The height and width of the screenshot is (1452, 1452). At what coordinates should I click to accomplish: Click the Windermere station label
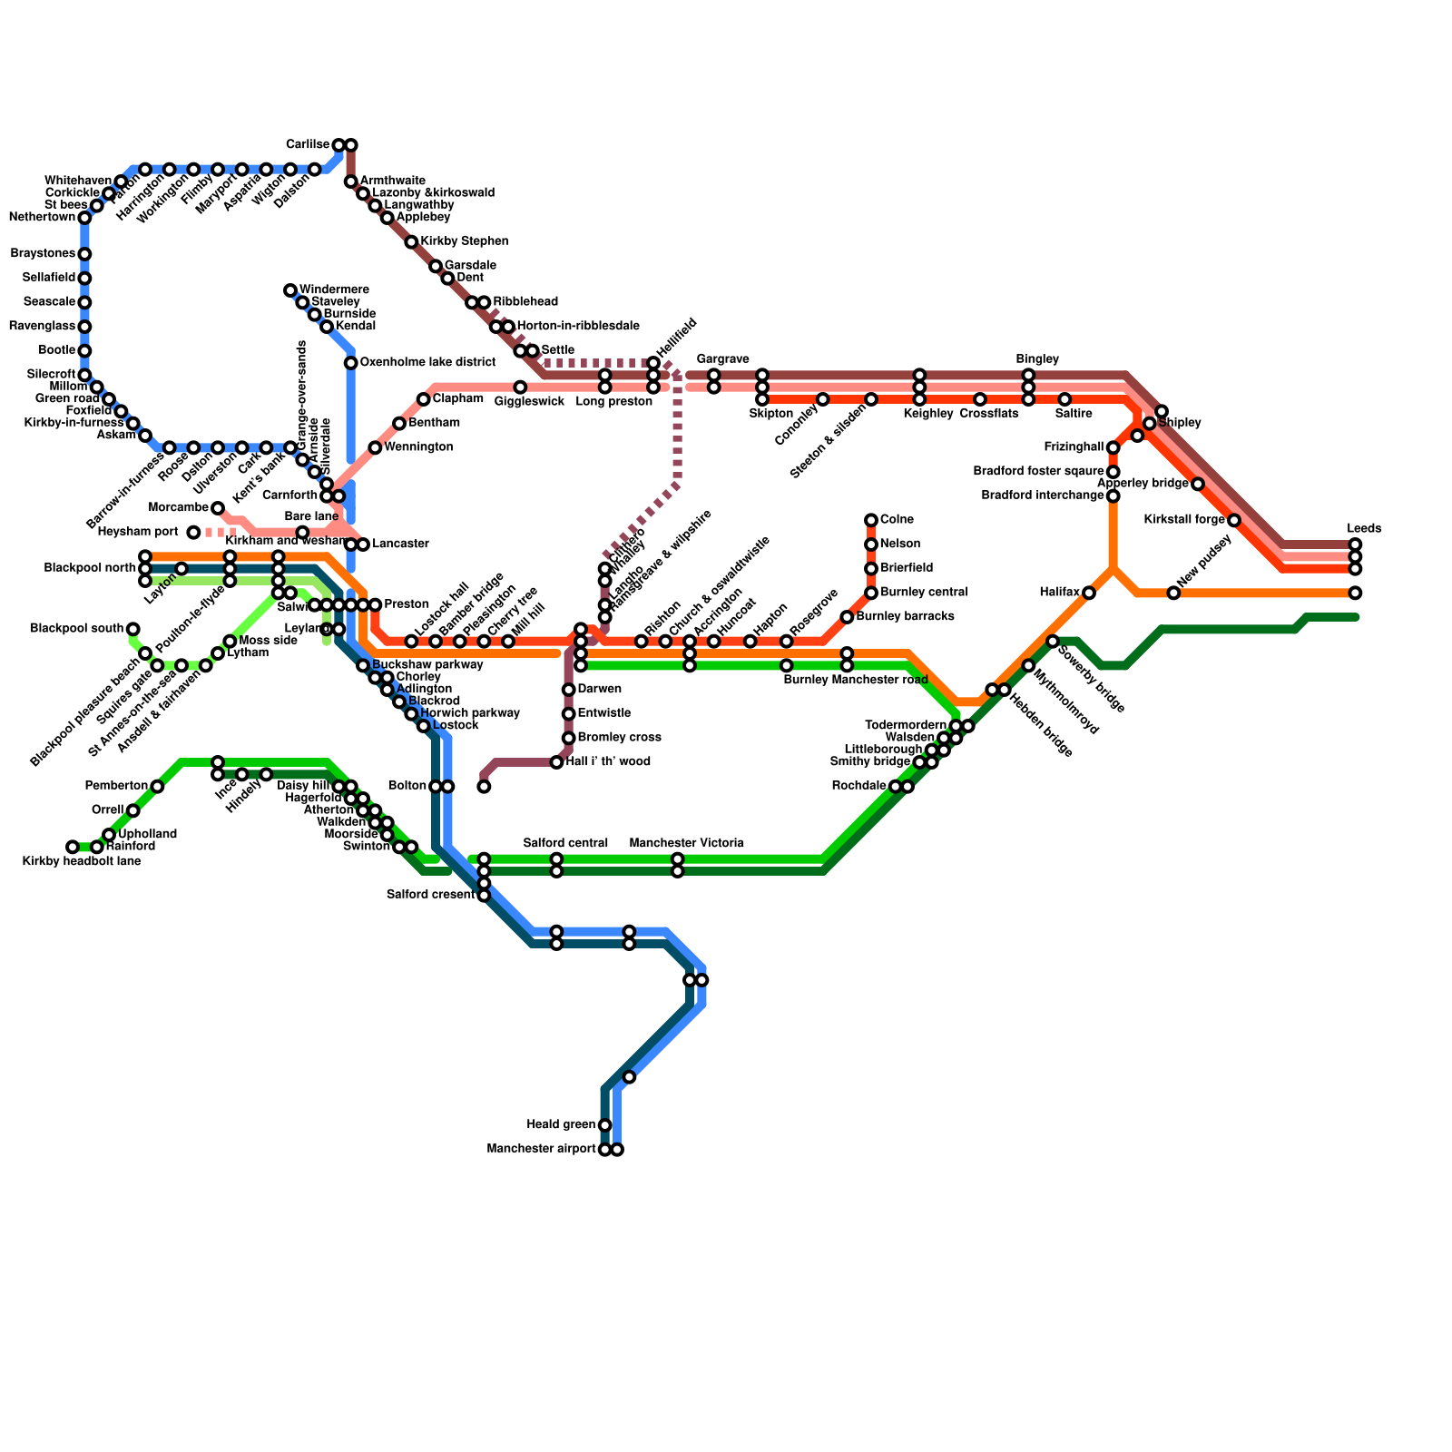point(333,289)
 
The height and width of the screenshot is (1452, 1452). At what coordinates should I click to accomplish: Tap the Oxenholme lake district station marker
point(350,363)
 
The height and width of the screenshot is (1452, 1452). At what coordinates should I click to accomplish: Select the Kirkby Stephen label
point(464,241)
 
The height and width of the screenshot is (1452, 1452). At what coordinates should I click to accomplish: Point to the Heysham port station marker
point(193,532)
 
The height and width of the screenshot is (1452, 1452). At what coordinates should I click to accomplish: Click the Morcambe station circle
point(218,507)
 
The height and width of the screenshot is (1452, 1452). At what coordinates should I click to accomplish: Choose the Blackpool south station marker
point(133,629)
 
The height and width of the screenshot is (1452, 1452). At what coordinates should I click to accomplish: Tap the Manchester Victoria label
point(686,843)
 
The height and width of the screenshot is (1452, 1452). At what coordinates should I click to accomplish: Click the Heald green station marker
point(605,1125)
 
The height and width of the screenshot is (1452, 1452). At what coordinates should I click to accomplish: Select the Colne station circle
point(871,520)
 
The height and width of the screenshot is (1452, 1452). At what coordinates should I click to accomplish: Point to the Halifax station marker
point(1089,594)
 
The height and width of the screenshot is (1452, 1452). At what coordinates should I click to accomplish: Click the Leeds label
point(1364,528)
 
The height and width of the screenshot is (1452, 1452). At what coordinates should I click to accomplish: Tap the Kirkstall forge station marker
point(1234,520)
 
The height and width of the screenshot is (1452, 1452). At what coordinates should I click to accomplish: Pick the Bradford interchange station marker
point(1114,495)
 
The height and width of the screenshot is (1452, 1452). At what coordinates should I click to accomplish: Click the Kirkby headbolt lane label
point(81,860)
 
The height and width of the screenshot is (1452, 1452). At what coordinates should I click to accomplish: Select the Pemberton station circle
point(157,786)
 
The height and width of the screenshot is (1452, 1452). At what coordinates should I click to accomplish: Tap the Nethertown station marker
point(84,218)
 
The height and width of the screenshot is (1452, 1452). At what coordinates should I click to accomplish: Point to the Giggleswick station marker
point(520,388)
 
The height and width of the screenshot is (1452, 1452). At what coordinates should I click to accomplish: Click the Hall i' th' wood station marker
point(556,762)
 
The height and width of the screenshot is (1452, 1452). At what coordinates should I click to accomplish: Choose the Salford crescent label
point(430,895)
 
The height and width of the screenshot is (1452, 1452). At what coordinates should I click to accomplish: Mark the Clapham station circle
point(424,399)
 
